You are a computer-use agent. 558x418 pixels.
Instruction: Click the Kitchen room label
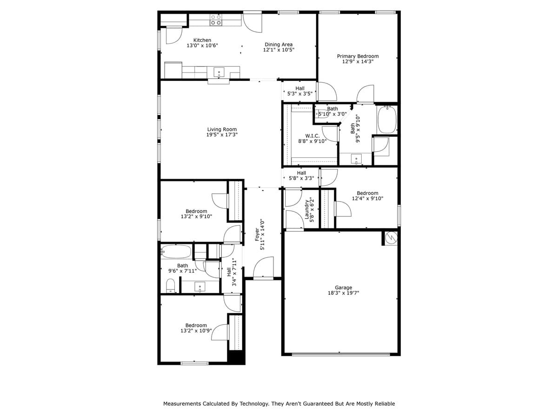(x=202, y=40)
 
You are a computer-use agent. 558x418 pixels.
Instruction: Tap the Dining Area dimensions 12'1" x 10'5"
(x=279, y=50)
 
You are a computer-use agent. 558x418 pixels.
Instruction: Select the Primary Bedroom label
(x=358, y=56)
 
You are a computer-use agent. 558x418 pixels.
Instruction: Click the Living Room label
(x=222, y=130)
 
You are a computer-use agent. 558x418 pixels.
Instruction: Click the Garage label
(x=343, y=287)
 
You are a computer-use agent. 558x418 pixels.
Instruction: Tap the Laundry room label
(x=307, y=209)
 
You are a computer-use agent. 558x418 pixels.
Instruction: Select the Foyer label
(x=257, y=230)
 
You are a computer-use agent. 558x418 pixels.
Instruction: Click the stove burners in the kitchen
(x=216, y=20)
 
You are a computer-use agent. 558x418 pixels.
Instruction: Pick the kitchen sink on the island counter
(x=219, y=72)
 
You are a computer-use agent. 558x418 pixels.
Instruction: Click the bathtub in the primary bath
(x=386, y=120)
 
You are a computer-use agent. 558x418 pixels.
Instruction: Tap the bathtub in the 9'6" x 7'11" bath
(x=176, y=252)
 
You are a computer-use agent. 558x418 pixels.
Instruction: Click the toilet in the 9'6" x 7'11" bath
(x=171, y=285)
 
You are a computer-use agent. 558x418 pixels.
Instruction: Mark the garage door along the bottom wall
(x=341, y=354)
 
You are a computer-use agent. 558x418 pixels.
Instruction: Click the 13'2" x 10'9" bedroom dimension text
(x=196, y=331)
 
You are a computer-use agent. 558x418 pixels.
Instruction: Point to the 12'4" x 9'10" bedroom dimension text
(x=367, y=198)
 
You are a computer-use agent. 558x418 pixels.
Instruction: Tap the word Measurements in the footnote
(x=182, y=404)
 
